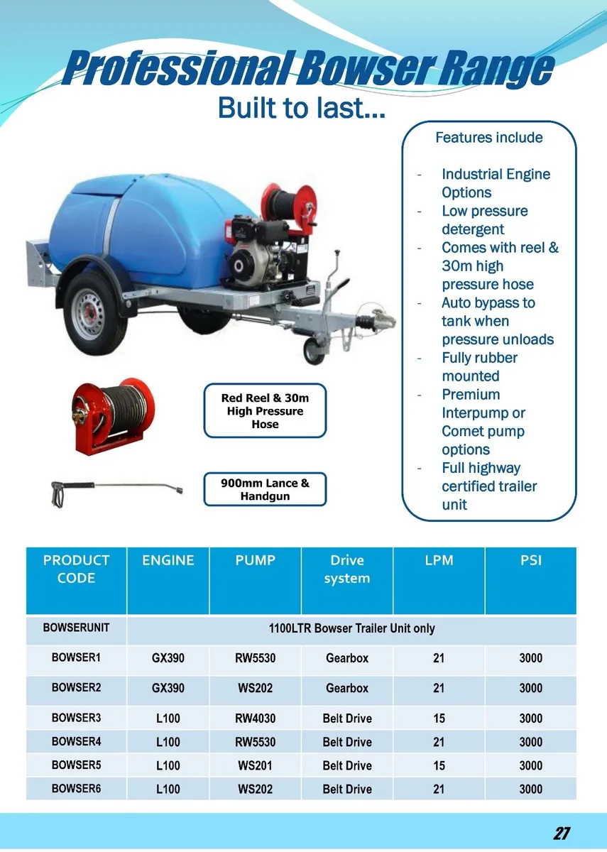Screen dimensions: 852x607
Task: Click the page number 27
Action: coord(562,834)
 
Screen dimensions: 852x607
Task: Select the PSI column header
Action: coord(530,560)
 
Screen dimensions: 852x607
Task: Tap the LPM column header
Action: coord(439,560)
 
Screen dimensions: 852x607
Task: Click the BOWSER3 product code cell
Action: coord(76,718)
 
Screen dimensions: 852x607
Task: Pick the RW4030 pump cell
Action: coord(255,719)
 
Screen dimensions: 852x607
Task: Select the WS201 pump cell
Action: coord(255,765)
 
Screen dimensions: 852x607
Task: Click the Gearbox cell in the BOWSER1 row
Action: coord(347,658)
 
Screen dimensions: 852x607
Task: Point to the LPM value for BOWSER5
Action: coord(439,765)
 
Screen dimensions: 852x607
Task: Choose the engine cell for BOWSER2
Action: coord(168,688)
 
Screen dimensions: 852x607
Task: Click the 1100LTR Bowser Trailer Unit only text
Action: coord(351,628)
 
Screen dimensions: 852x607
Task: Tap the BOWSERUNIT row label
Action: coord(76,628)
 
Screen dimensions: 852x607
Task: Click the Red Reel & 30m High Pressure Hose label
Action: coord(265,411)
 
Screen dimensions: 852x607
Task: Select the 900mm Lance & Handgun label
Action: coord(265,490)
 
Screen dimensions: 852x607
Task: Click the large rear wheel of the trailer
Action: coord(94,313)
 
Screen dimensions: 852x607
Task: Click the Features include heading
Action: coord(488,138)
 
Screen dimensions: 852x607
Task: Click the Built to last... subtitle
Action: coord(302,108)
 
